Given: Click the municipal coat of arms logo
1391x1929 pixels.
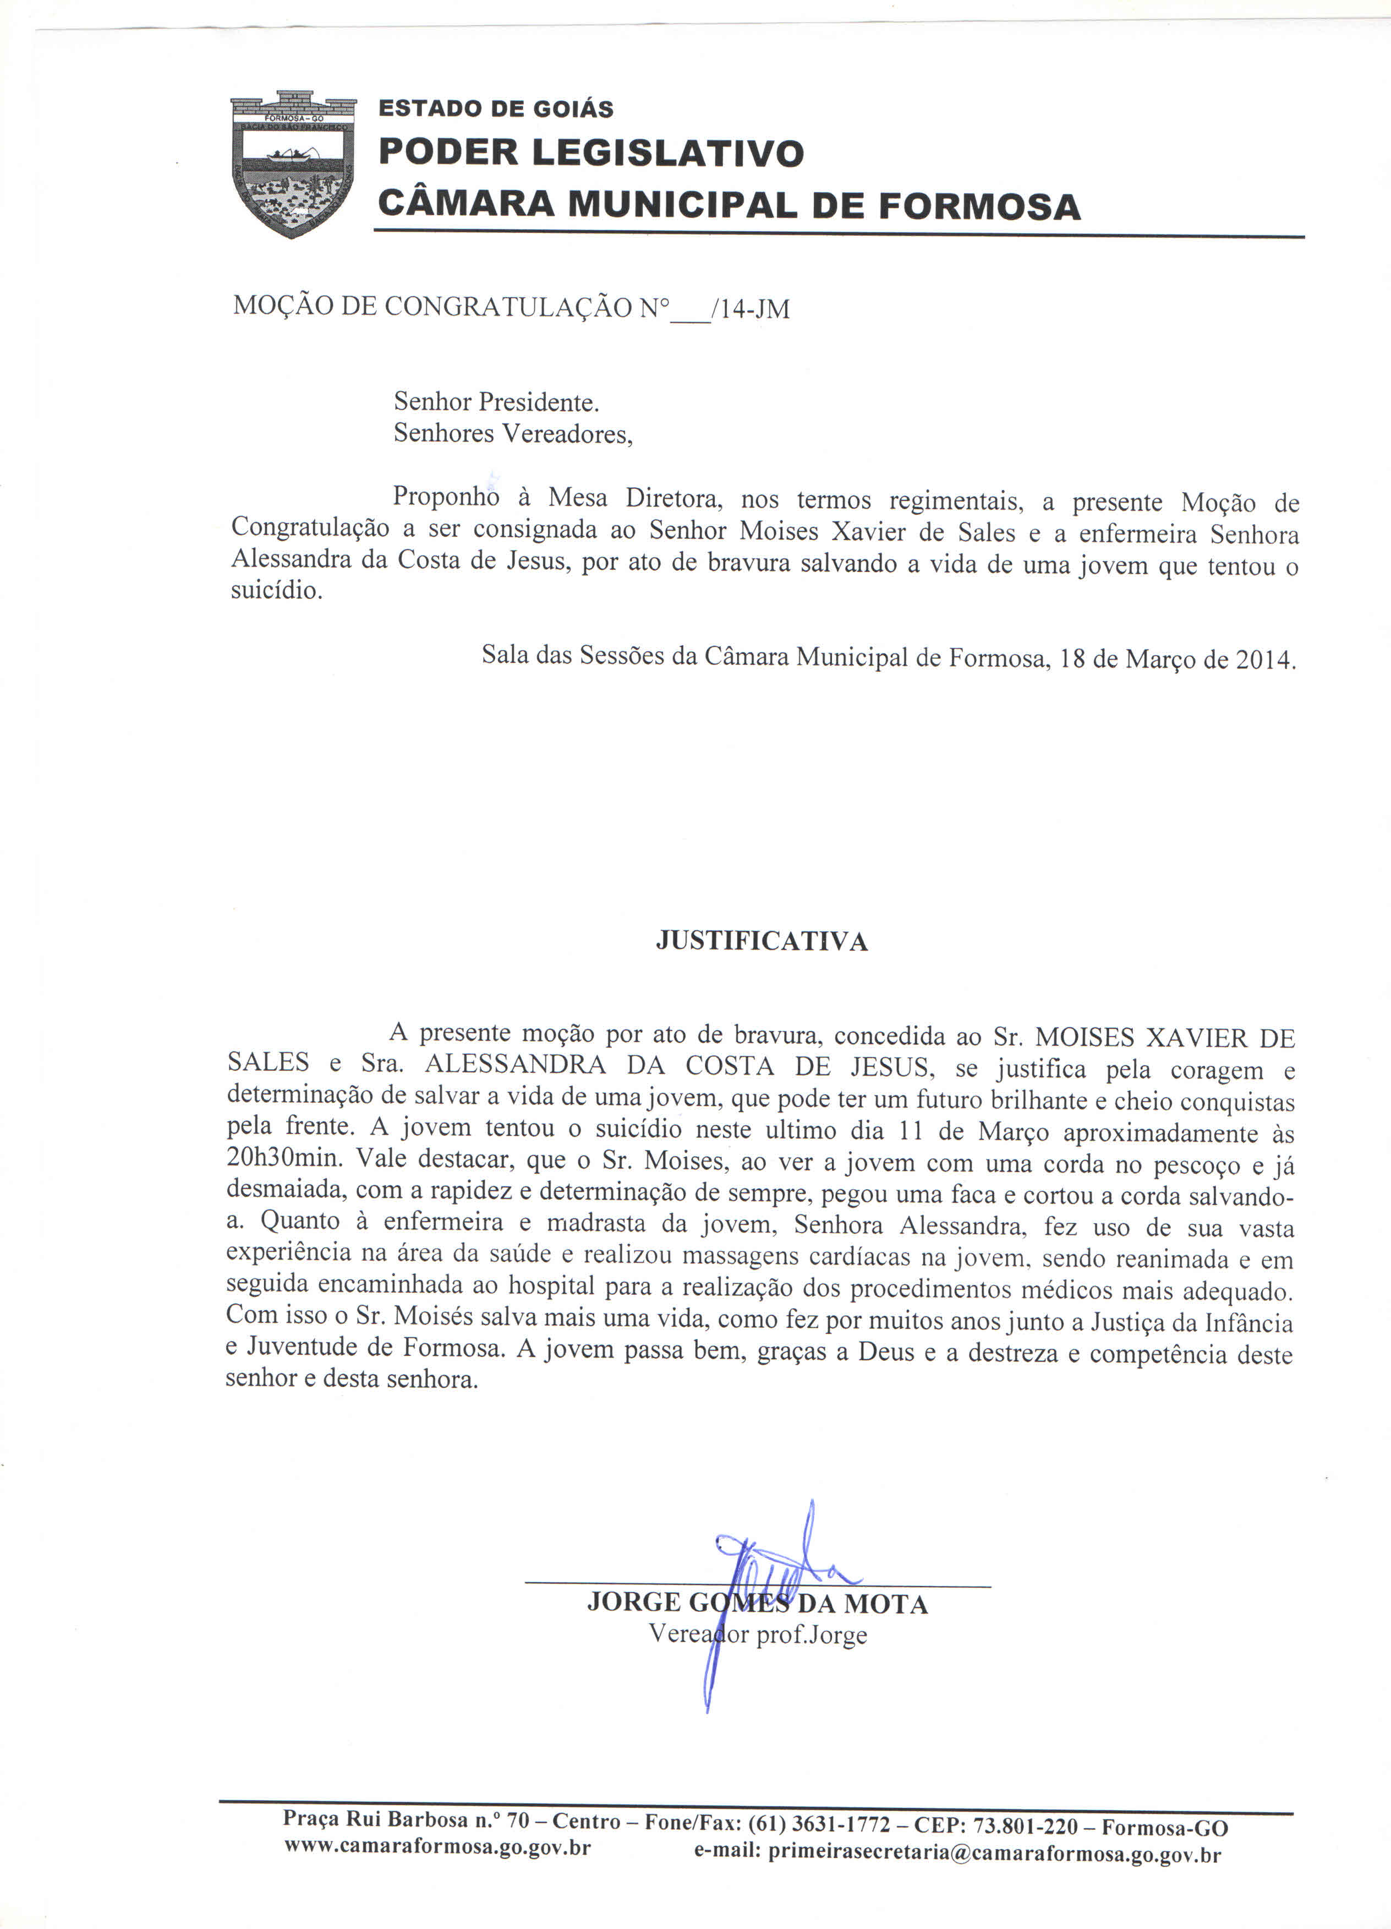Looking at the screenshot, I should coord(293,164).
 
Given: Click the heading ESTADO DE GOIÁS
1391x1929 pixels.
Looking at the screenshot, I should coord(496,109).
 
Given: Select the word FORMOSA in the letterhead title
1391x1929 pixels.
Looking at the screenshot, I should coord(979,206).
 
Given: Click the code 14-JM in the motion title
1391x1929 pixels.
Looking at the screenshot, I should coord(755,309).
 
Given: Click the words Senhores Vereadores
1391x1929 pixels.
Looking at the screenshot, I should coord(513,434).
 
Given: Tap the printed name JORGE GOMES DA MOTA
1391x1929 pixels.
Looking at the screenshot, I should coord(757,1605).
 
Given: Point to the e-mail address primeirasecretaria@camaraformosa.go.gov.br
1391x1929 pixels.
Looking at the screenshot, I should coord(995,1854).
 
